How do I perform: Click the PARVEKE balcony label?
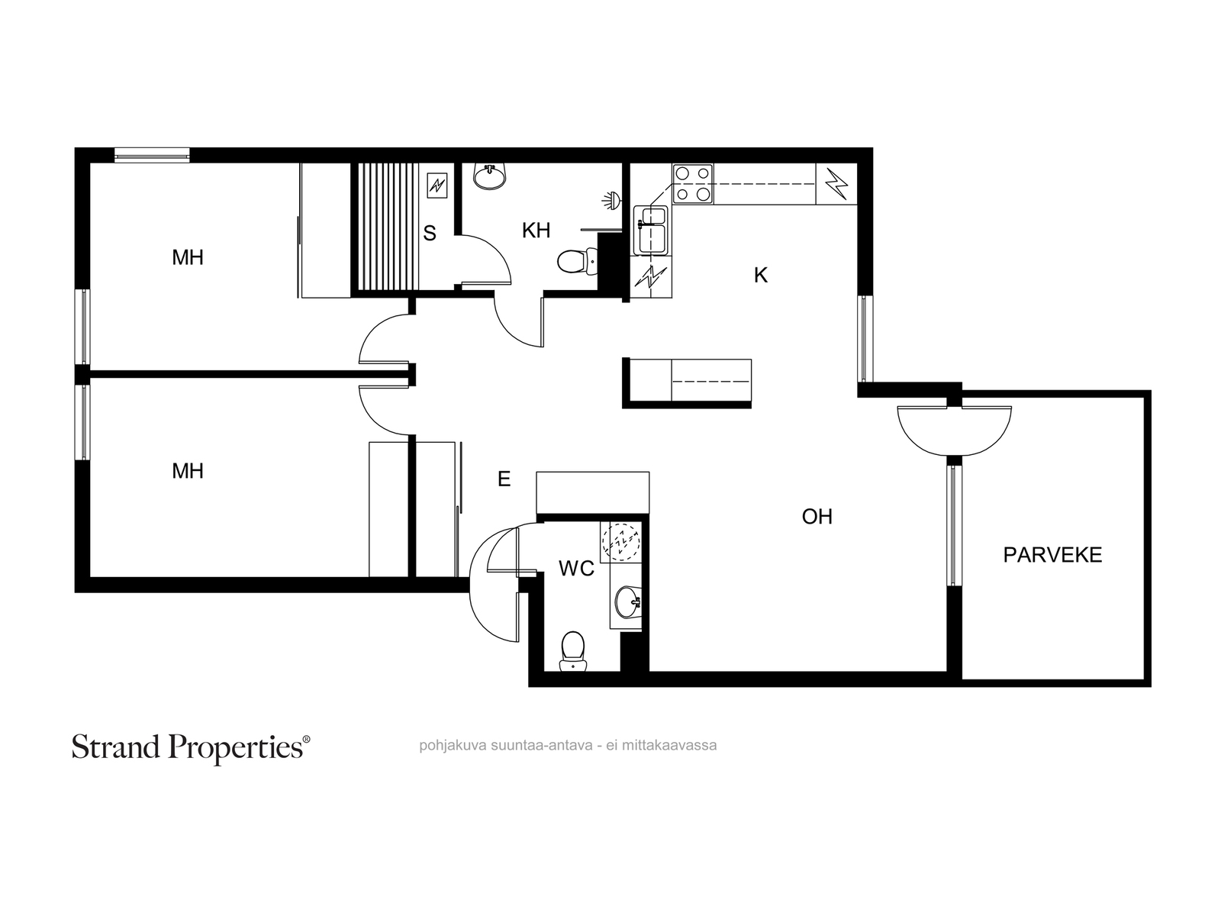pyautogui.click(x=1052, y=555)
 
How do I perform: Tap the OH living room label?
pyautogui.click(x=817, y=517)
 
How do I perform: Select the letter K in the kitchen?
pyautogui.click(x=760, y=275)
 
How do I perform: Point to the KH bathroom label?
pyautogui.click(x=536, y=231)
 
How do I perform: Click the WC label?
pyautogui.click(x=576, y=569)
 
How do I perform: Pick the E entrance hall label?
pyautogui.click(x=504, y=479)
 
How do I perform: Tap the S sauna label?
pyautogui.click(x=429, y=233)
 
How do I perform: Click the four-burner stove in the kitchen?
pyautogui.click(x=692, y=184)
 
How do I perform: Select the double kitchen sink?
pyautogui.click(x=650, y=231)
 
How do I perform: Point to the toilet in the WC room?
pyautogui.click(x=573, y=651)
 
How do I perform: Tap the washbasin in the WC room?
pyautogui.click(x=629, y=602)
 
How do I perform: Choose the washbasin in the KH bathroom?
pyautogui.click(x=489, y=176)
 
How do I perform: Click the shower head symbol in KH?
pyautogui.click(x=611, y=200)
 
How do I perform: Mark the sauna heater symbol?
pyautogui.click(x=437, y=185)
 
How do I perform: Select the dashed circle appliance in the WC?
pyautogui.click(x=621, y=542)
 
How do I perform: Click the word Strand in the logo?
pyautogui.click(x=116, y=747)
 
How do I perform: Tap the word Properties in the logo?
pyautogui.click(x=236, y=749)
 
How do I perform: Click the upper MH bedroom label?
pyautogui.click(x=188, y=257)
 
